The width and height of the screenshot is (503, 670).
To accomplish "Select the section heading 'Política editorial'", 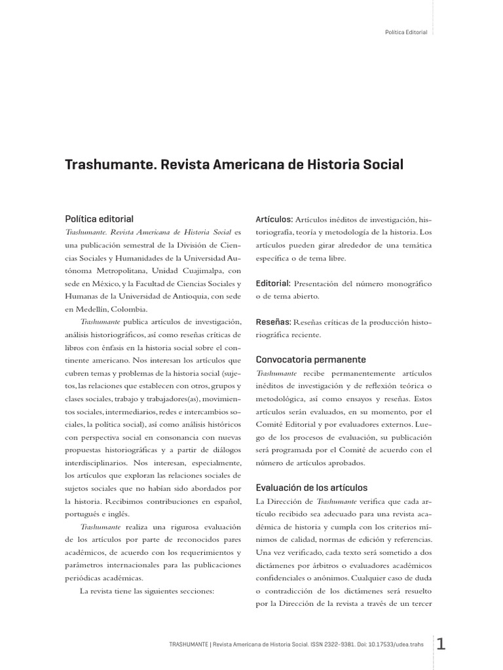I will pos(99,219).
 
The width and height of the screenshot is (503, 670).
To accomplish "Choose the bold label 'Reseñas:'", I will pos(273,322).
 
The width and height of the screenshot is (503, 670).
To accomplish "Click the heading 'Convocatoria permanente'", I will pos(310,360).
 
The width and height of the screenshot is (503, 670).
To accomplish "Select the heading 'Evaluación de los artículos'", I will pos(312,487).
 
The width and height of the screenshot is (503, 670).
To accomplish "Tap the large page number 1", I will pos(441,644).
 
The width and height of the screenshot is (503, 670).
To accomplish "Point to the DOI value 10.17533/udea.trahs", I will pos(398,644).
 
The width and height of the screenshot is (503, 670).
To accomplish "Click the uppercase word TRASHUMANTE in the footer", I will pos(189,644).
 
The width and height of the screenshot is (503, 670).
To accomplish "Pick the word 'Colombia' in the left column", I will pos(130,309).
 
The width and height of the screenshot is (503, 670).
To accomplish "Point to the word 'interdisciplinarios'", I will pos(100,463).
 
